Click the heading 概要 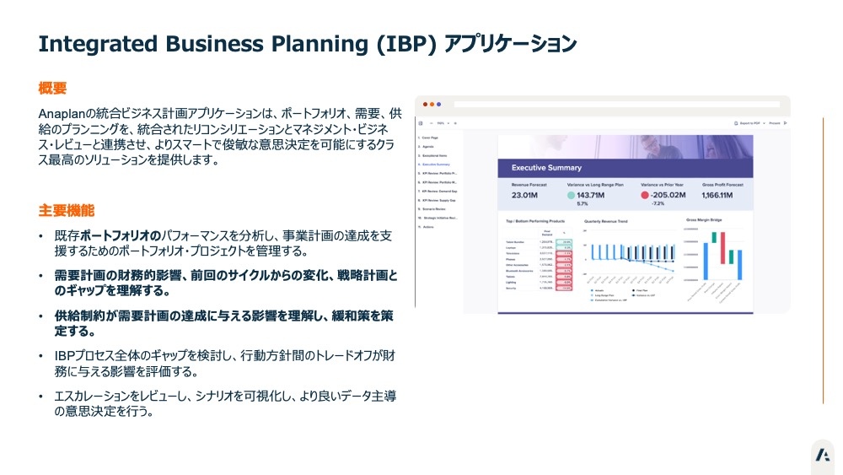coord(52,88)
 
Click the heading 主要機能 coord(67,210)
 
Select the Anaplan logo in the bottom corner coord(822,456)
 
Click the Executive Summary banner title coord(546,168)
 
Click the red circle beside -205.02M coord(644,196)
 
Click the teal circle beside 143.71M coord(572,196)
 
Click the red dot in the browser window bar coord(424,105)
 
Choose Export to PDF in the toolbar coord(753,123)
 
